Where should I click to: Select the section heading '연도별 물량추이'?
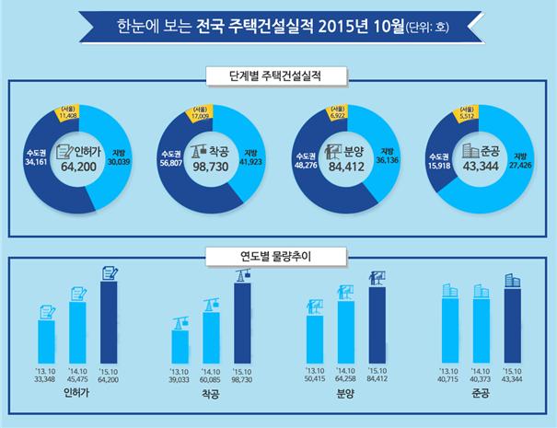[277, 253]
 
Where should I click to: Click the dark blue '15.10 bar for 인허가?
[109, 311]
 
